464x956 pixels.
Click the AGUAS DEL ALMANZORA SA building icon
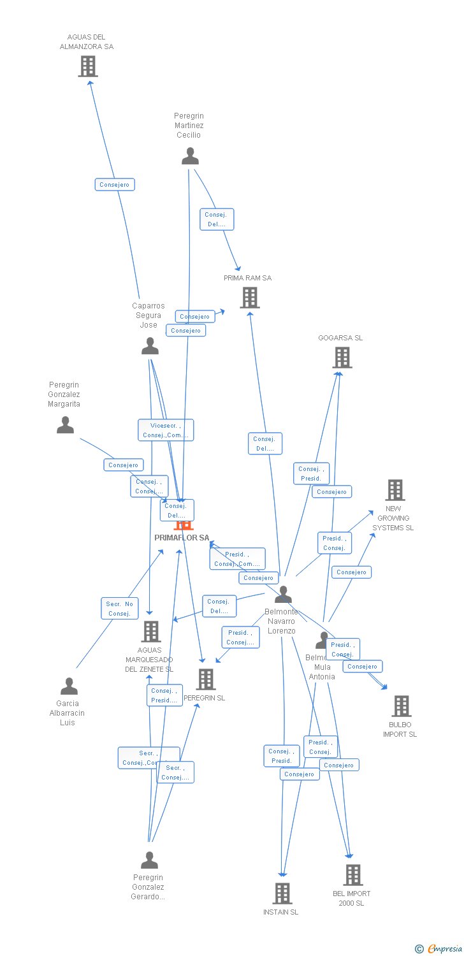click(88, 66)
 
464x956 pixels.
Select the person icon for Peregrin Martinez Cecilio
click(190, 156)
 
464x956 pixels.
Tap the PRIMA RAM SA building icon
click(249, 297)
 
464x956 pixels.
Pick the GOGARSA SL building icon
click(342, 358)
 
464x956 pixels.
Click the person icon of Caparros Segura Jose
click(150, 346)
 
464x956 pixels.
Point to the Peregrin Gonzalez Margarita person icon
click(65, 425)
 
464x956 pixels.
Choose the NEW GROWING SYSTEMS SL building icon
click(395, 490)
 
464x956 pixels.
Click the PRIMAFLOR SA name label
click(182, 538)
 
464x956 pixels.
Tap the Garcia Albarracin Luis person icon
click(69, 686)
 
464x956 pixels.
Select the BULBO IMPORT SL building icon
click(401, 706)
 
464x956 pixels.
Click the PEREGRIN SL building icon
click(205, 679)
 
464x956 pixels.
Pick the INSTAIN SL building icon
click(282, 894)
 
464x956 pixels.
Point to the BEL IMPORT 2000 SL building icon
click(352, 875)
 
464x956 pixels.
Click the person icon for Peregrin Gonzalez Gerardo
click(149, 860)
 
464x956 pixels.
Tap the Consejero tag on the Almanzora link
click(115, 185)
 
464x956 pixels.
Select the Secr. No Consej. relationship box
click(119, 609)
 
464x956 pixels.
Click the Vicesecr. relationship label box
click(166, 430)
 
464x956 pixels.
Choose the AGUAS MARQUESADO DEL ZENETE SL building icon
click(150, 632)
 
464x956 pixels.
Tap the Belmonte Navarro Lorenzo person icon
click(283, 595)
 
